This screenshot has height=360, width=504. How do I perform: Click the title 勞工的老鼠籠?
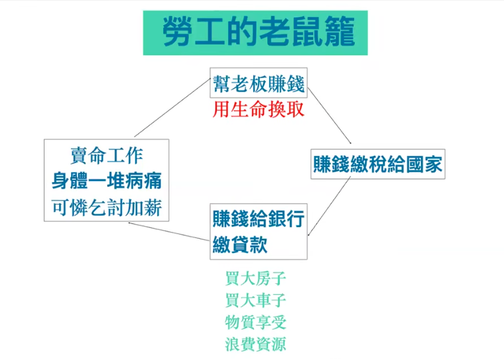point(259,32)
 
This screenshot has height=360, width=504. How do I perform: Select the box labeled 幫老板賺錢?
point(259,83)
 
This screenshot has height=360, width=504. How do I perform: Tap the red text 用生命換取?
point(259,109)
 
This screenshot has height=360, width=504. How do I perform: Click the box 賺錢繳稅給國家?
point(378,164)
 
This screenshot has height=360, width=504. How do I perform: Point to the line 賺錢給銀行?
point(259,219)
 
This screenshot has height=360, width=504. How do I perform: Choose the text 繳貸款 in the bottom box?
point(240,244)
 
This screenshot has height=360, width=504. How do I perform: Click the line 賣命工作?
point(106,155)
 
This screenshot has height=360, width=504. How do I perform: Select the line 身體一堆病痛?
point(106,180)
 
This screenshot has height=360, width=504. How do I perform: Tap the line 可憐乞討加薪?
point(106,208)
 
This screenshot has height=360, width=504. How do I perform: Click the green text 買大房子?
point(255,278)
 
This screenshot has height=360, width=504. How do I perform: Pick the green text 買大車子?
point(255,300)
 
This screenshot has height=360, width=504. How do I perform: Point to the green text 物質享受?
point(255,322)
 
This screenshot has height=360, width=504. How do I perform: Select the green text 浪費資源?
point(255,344)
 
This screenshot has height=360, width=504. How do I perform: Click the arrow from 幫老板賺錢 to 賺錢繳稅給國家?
point(329,115)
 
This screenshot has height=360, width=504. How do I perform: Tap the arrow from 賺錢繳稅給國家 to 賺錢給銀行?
point(329,206)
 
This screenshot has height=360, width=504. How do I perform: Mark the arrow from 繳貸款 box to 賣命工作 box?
point(168,231)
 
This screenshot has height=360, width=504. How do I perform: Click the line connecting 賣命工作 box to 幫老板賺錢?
point(172,107)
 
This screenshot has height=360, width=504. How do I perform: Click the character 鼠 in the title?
point(307,32)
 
